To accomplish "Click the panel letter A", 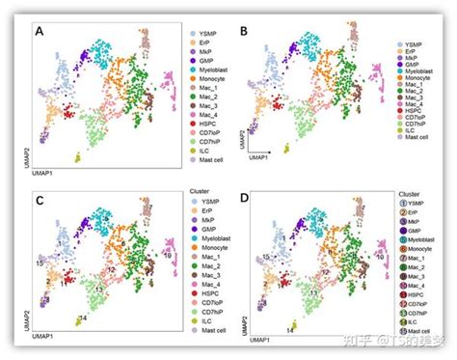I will coord(40,31).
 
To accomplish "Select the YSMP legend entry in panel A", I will coord(207,34).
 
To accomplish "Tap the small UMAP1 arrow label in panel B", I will coord(260,159).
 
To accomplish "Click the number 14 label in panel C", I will coord(83,318).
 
